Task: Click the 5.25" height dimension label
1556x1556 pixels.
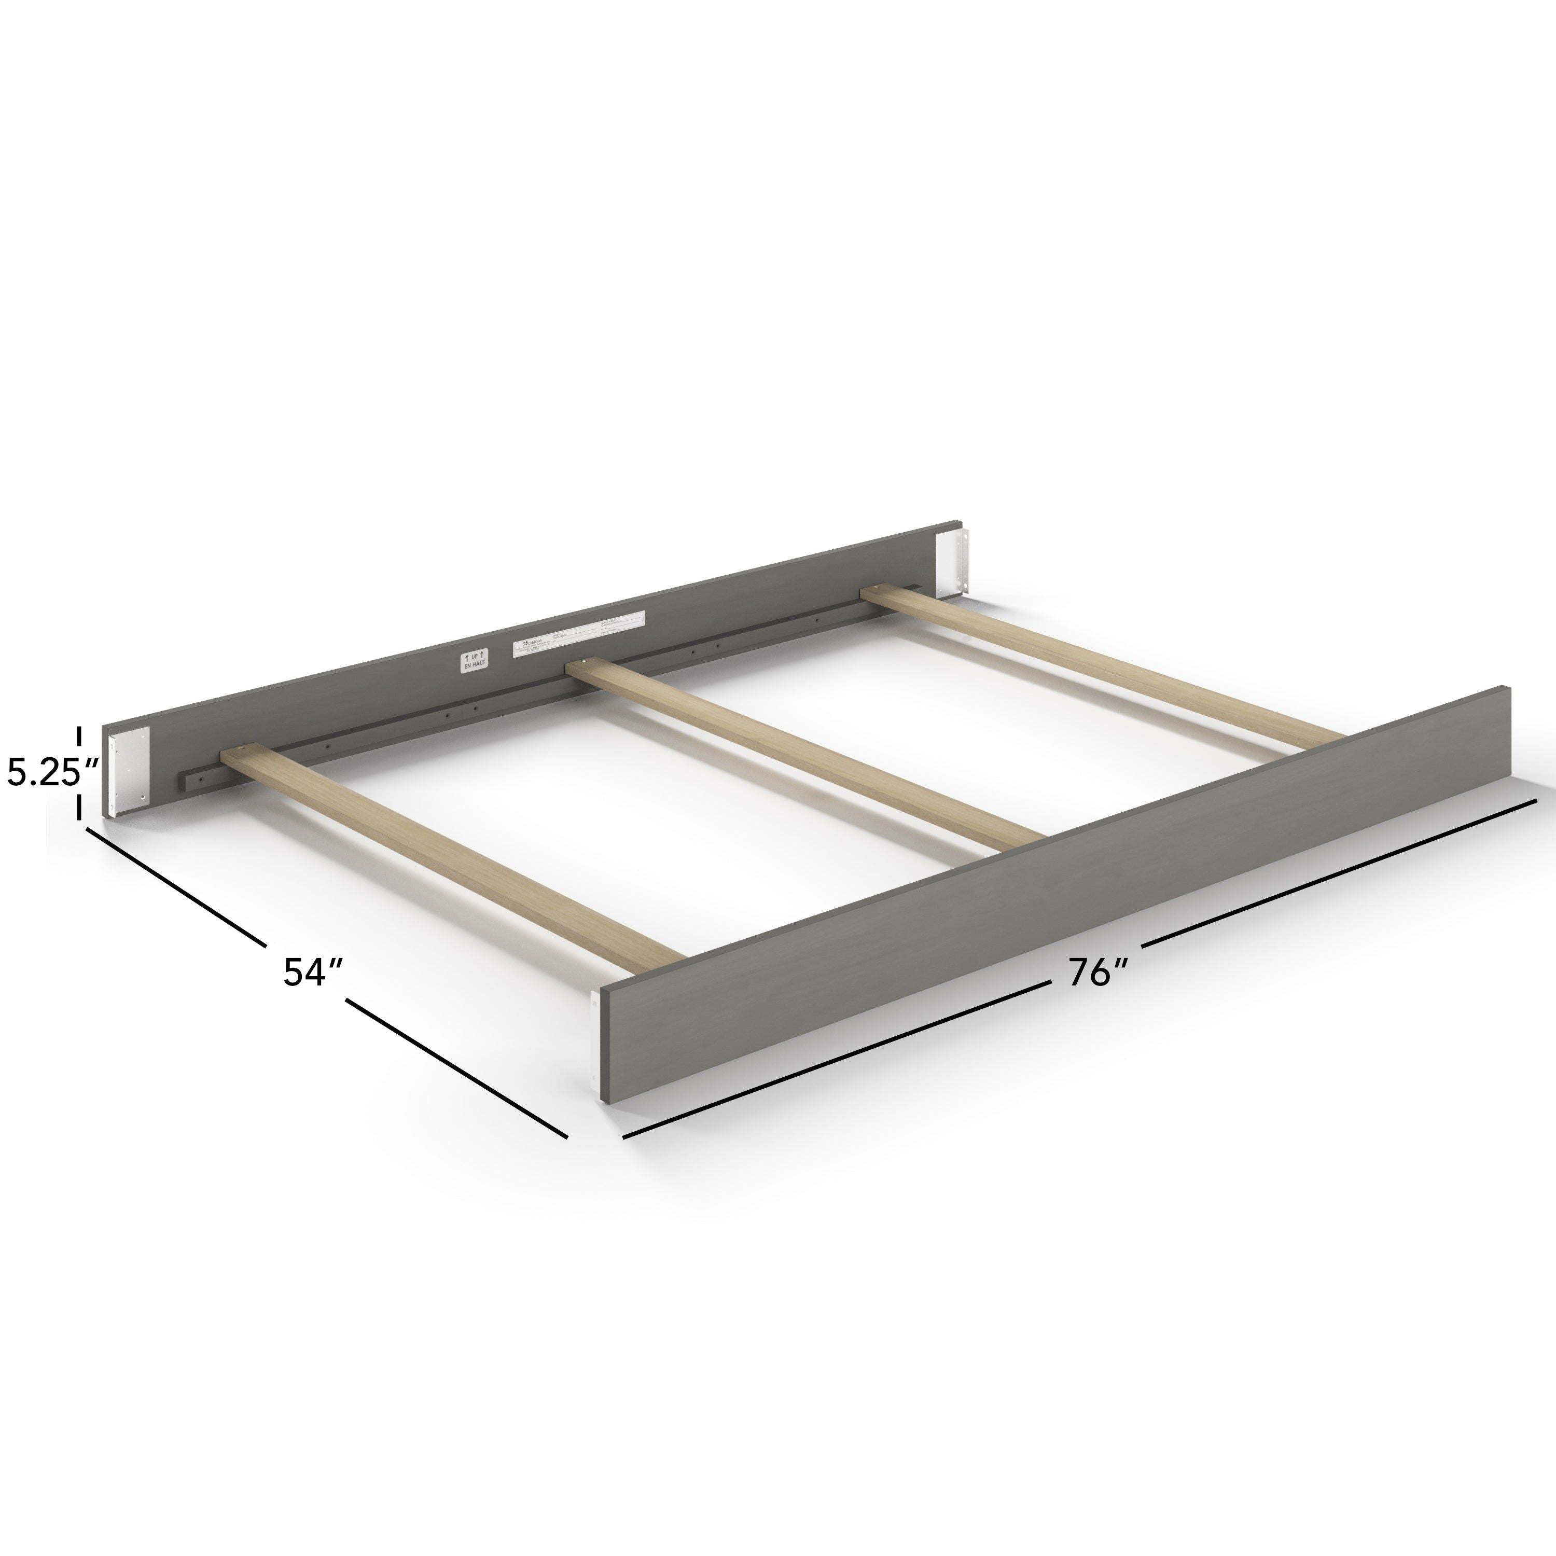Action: tap(53, 774)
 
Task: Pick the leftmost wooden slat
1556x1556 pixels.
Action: tap(451, 857)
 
